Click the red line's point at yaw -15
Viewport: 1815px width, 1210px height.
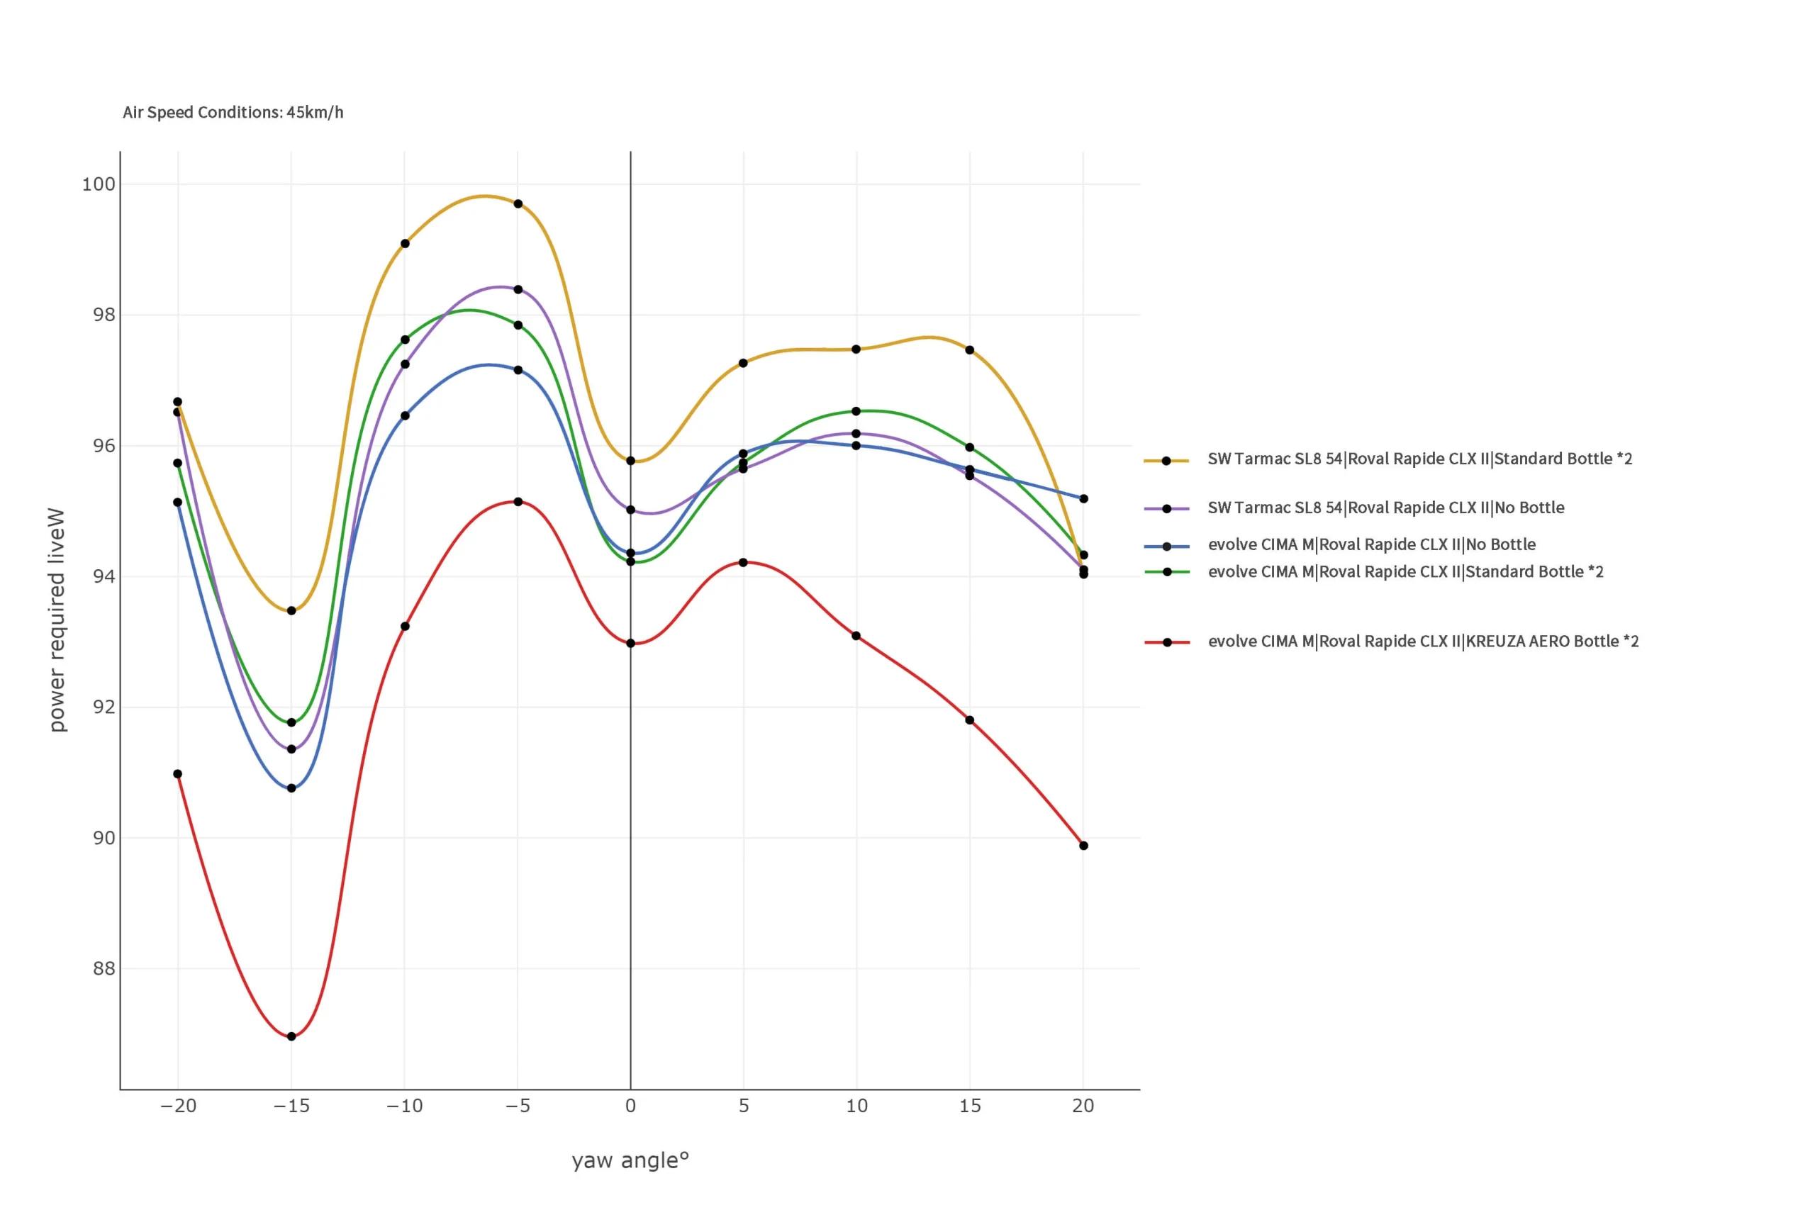coord(291,1036)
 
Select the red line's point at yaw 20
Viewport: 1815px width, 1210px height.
coord(1083,846)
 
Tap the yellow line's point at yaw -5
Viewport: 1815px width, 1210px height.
coord(518,203)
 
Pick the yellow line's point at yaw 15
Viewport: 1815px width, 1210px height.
coord(969,349)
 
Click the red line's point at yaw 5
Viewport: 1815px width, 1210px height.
coord(743,563)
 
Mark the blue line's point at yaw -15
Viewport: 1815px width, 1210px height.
coord(291,788)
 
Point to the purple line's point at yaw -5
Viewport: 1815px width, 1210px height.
coord(518,289)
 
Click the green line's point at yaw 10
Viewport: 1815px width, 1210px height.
coord(856,411)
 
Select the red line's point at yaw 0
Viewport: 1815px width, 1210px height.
coord(630,643)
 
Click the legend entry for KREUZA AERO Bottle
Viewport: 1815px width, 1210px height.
coord(1422,642)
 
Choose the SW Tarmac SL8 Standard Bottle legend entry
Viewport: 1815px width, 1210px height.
coord(1419,459)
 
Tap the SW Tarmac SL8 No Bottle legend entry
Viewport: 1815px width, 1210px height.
coord(1385,508)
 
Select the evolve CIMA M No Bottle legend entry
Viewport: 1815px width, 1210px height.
coord(1371,545)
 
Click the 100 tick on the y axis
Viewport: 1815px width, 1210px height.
coord(99,184)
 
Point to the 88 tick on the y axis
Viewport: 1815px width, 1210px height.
coord(104,968)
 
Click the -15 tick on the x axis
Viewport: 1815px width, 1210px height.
coord(291,1106)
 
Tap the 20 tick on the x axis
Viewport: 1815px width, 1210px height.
coord(1083,1106)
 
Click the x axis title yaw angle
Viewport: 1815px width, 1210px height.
coord(630,1160)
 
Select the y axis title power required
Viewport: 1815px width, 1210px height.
coord(56,619)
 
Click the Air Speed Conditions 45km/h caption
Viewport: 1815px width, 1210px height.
coord(233,113)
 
